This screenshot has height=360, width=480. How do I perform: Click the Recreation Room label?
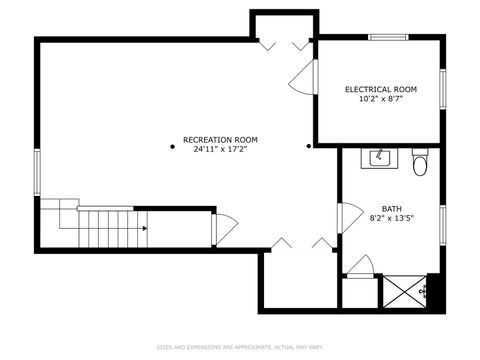pyautogui.click(x=220, y=139)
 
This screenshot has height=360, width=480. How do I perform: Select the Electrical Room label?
pyautogui.click(x=381, y=89)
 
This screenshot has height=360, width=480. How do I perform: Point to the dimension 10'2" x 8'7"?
pyautogui.click(x=381, y=99)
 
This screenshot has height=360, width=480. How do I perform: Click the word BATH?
pyautogui.click(x=391, y=208)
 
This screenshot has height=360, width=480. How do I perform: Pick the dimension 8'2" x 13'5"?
pyautogui.click(x=391, y=217)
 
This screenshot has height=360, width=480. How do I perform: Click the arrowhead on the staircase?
pyautogui.click(x=145, y=228)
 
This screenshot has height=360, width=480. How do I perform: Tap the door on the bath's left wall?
pyautogui.click(x=349, y=216)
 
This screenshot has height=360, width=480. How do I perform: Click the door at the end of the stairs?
pyautogui.click(x=223, y=229)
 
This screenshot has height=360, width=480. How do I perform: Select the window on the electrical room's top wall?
pyautogui.click(x=389, y=38)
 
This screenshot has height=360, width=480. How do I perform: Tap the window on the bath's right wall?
pyautogui.click(x=441, y=221)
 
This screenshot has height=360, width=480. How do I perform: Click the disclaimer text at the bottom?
pyautogui.click(x=239, y=347)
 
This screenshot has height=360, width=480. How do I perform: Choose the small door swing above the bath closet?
pyautogui.click(x=361, y=267)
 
